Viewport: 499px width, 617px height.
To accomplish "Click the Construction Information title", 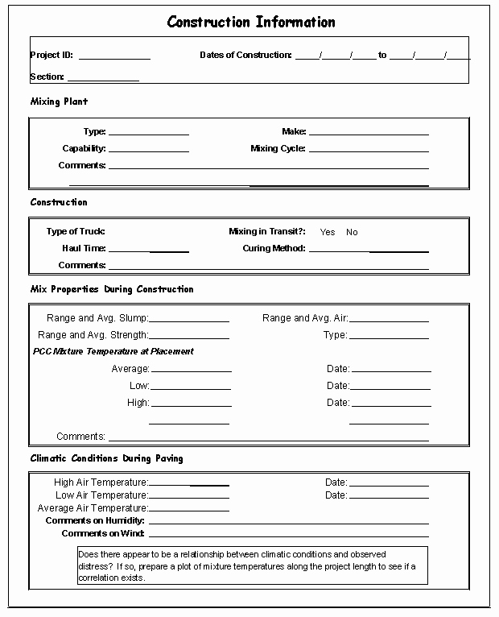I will point(251,22).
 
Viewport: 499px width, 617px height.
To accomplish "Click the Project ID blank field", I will point(114,56).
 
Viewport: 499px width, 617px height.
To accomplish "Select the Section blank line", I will point(103,78).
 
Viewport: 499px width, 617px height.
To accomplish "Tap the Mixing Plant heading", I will point(59,101).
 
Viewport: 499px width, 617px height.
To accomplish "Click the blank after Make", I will point(369,132).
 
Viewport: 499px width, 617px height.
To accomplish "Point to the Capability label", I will point(84,149).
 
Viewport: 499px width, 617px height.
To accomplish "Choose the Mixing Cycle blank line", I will point(369,150).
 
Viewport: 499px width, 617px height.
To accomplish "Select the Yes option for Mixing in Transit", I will point(328,233).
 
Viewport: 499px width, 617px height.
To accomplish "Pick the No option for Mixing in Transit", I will point(352,233).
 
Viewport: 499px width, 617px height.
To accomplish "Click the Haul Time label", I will point(84,249).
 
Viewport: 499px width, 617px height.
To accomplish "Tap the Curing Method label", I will point(274,249).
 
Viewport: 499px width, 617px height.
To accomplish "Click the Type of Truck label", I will point(76,232).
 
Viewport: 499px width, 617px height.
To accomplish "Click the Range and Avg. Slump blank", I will point(189,320).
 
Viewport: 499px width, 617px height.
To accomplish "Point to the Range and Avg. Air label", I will point(305,318).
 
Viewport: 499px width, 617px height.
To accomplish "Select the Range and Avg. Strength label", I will point(93,335).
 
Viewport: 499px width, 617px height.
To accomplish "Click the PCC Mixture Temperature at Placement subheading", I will point(113,351).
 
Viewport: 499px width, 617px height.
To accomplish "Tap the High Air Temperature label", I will point(101,482).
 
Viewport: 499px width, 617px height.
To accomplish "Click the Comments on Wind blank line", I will point(288,535).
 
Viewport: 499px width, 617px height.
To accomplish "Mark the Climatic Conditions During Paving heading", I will point(106,458).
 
